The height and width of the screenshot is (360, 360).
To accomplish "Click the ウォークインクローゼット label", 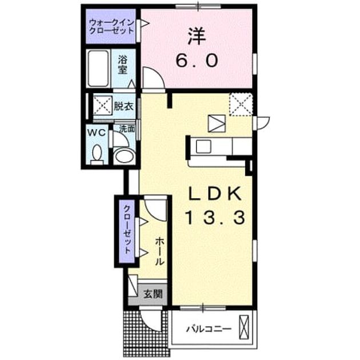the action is (x=111, y=26).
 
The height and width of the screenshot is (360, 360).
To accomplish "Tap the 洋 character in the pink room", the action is (x=197, y=37).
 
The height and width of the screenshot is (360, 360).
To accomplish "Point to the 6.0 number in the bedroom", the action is (x=197, y=61).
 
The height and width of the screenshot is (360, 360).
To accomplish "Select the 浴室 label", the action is (x=123, y=65).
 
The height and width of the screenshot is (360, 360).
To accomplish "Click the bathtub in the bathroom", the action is (x=98, y=69).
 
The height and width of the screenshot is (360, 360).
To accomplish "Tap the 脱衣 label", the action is (x=124, y=106).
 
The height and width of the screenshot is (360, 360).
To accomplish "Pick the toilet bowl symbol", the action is (x=97, y=154).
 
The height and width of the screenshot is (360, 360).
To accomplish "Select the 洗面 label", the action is (x=127, y=129).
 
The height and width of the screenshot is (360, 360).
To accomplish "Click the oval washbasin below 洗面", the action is (x=124, y=155).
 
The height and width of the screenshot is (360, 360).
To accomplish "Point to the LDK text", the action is (x=215, y=194).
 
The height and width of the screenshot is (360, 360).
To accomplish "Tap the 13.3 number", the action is (x=215, y=218).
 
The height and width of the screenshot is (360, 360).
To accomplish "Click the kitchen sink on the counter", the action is (x=203, y=146).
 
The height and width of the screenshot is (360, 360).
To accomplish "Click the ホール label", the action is (x=159, y=251).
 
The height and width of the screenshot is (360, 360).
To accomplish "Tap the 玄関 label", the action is (x=153, y=294).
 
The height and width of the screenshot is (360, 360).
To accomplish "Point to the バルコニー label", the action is (x=209, y=329).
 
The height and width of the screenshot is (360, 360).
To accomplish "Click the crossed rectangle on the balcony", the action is (x=244, y=327).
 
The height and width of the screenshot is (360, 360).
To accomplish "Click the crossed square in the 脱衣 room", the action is (x=103, y=106).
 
